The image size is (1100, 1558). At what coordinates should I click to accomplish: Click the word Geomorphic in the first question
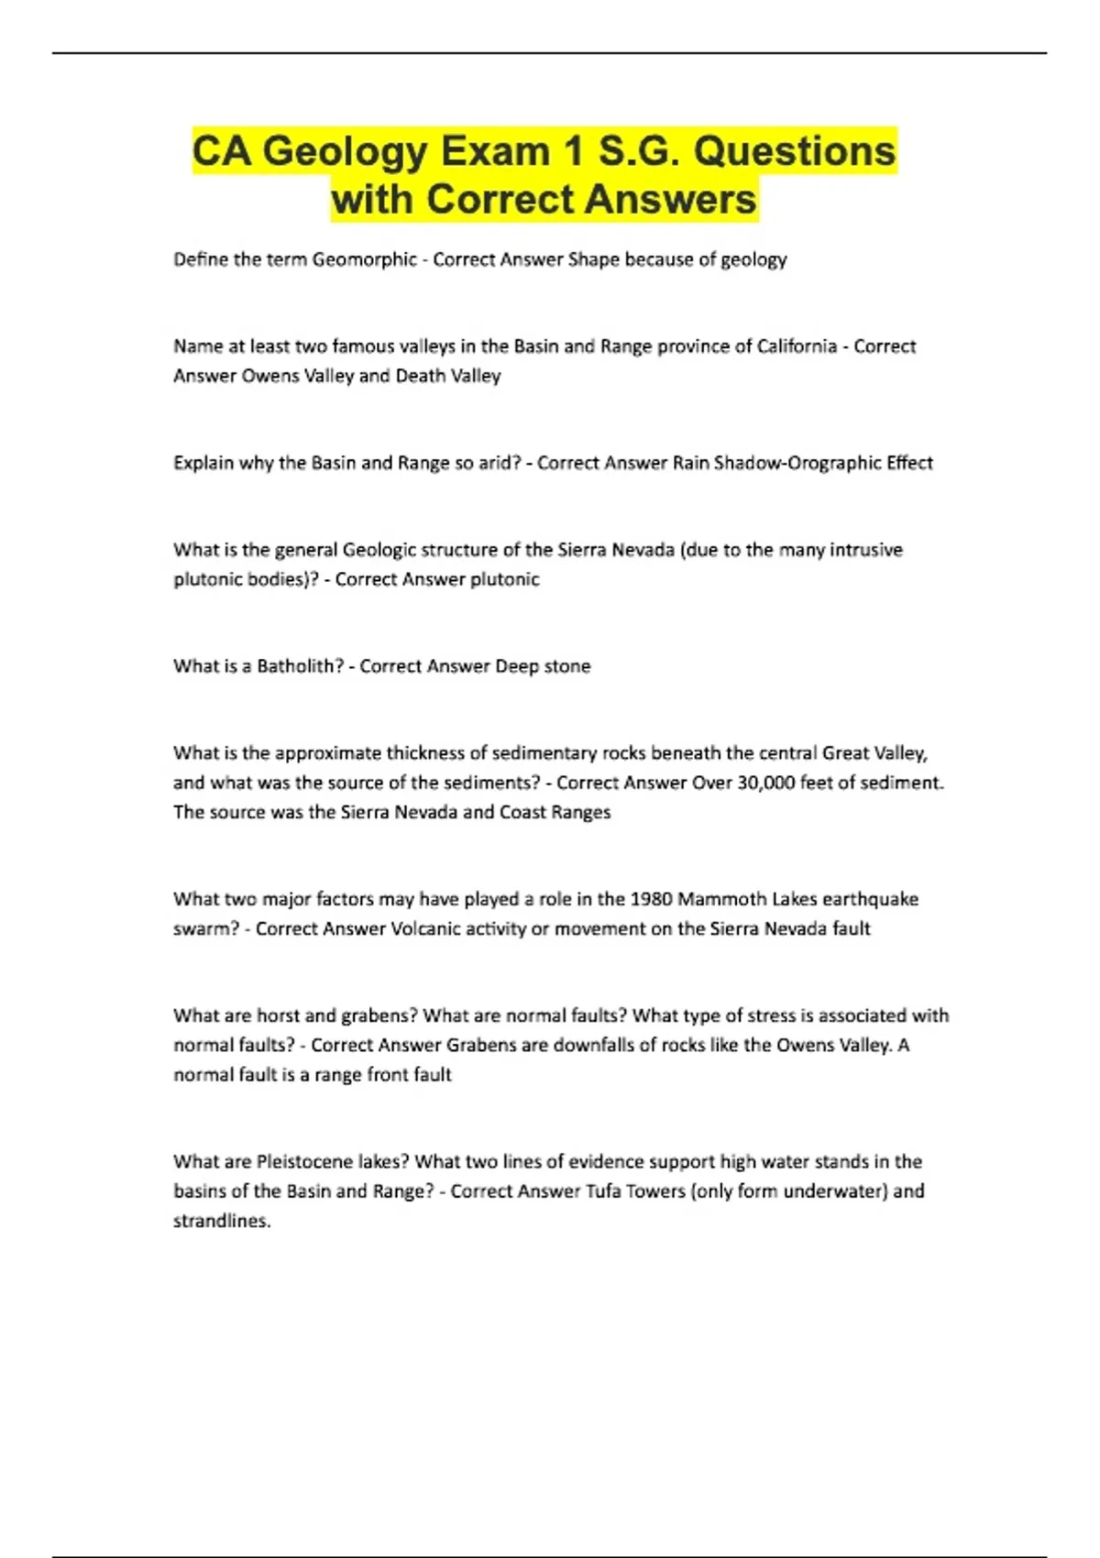(365, 259)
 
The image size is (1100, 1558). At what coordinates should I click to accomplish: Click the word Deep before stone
(517, 666)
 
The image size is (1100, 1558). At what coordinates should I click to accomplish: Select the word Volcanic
(427, 928)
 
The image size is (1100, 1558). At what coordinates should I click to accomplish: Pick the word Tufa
(605, 1191)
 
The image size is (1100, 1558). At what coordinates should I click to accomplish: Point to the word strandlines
(222, 1221)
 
